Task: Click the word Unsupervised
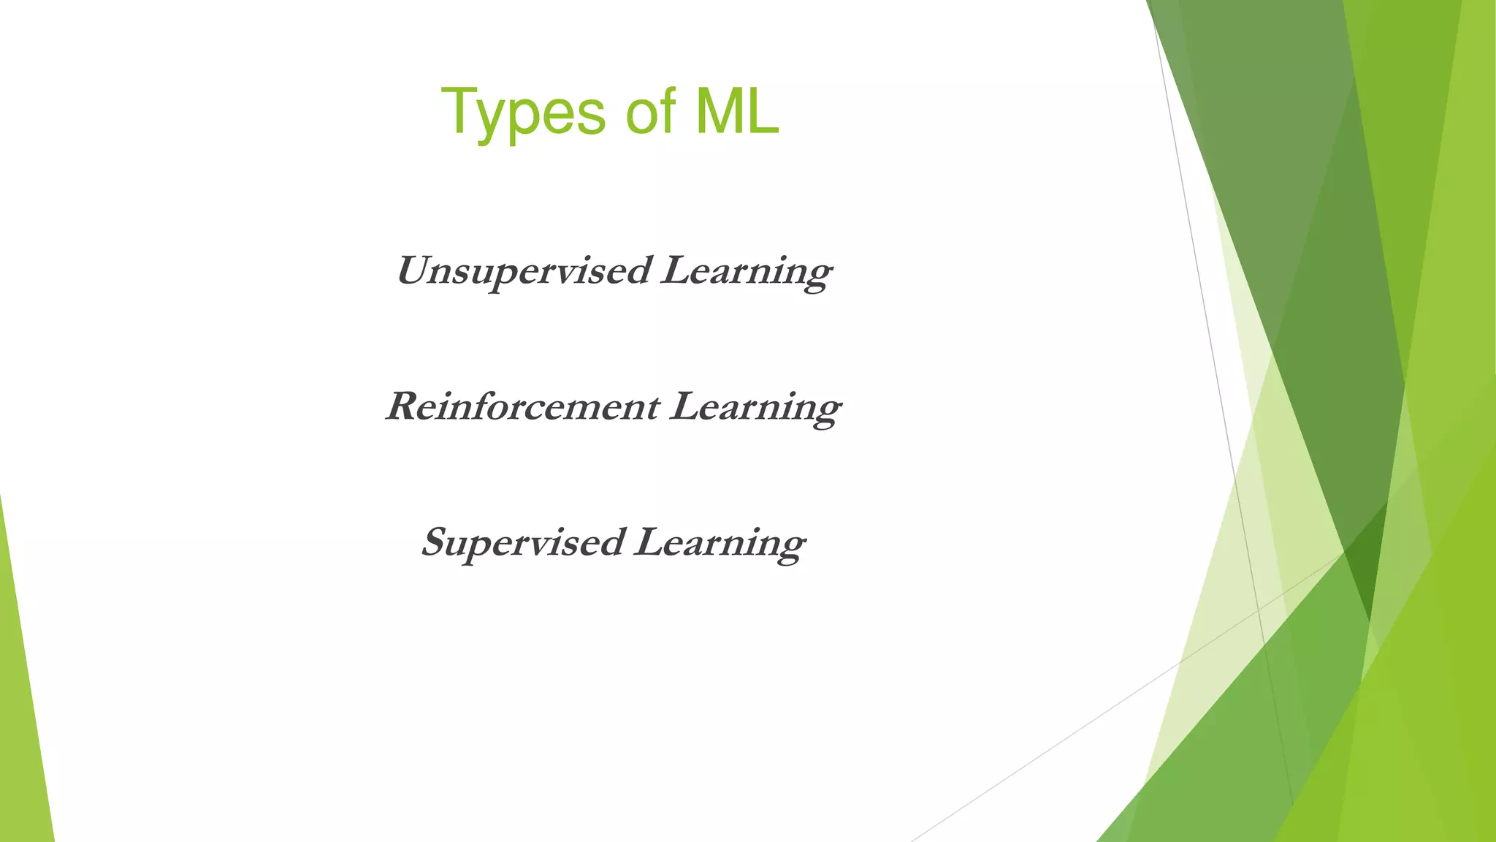pos(523,271)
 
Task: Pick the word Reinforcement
pos(523,406)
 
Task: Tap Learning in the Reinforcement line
pos(755,408)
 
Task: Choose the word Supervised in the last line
pos(523,543)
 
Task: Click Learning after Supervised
pos(720,544)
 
